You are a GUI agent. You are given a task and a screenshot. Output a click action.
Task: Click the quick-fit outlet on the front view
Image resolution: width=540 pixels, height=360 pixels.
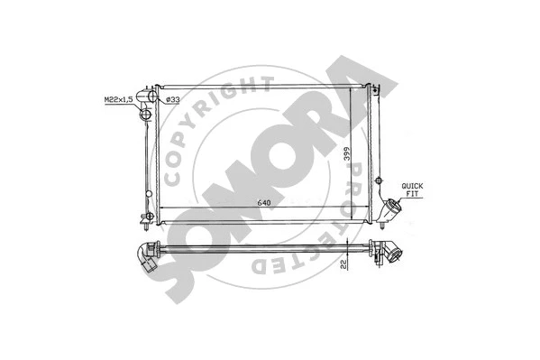click(x=389, y=209)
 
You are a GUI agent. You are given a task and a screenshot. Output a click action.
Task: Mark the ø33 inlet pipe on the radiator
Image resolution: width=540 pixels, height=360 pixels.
click(x=154, y=97)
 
